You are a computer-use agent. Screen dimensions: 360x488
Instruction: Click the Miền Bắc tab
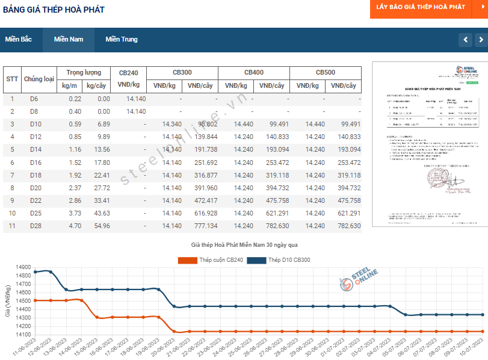pyautogui.click(x=18, y=40)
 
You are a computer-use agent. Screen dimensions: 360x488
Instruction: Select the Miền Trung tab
pyautogui.click(x=122, y=40)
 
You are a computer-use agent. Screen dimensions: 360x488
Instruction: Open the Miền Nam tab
pyautogui.click(x=69, y=40)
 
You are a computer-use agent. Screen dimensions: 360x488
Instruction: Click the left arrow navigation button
pyautogui.click(x=465, y=40)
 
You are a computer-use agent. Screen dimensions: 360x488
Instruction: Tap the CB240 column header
pyautogui.click(x=128, y=72)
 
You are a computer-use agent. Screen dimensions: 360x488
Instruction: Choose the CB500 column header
pyautogui.click(x=326, y=72)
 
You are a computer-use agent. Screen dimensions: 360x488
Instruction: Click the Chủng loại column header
pyautogui.click(x=39, y=79)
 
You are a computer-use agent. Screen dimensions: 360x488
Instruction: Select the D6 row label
pyautogui.click(x=34, y=99)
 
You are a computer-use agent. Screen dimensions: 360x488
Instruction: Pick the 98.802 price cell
pyautogui.click(x=203, y=124)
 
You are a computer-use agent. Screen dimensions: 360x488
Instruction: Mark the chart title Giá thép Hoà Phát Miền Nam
pyautogui.click(x=244, y=245)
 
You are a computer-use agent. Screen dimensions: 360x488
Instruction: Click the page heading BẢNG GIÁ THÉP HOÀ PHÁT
pyautogui.click(x=54, y=10)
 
